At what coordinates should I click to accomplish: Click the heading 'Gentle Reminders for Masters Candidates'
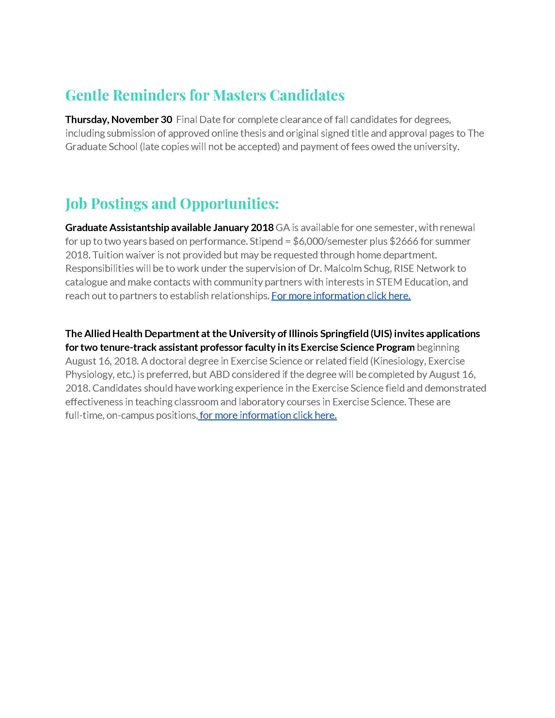point(205,95)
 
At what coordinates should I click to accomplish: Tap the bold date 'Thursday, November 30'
point(119,119)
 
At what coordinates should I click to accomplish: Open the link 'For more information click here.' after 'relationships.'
point(341,296)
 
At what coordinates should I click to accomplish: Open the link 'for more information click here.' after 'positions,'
point(268,415)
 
